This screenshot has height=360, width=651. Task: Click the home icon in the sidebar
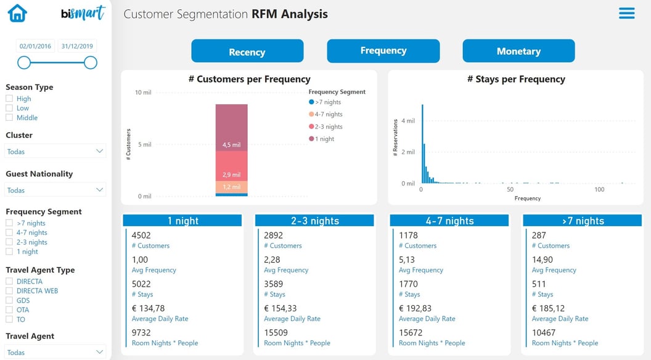tap(17, 13)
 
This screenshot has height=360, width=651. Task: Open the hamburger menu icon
tap(626, 13)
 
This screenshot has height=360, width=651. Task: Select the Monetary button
tap(518, 51)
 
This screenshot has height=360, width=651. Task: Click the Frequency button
tap(383, 51)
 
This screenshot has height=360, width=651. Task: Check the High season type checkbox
tap(9, 99)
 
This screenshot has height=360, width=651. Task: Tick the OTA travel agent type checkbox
tap(9, 310)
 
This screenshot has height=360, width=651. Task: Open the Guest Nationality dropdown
tap(55, 190)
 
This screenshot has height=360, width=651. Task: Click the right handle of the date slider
tap(91, 62)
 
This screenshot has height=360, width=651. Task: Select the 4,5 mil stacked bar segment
tap(231, 128)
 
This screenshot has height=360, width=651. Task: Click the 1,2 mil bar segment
tap(231, 187)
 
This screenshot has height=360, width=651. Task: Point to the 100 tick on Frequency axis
tap(599, 190)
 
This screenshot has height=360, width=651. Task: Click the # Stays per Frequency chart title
tap(516, 79)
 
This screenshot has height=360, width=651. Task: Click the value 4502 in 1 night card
tap(141, 235)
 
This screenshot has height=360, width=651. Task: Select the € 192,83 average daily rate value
tap(415, 308)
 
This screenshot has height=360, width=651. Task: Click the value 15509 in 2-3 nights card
tap(276, 332)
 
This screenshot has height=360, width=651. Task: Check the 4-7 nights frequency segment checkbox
tap(9, 233)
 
